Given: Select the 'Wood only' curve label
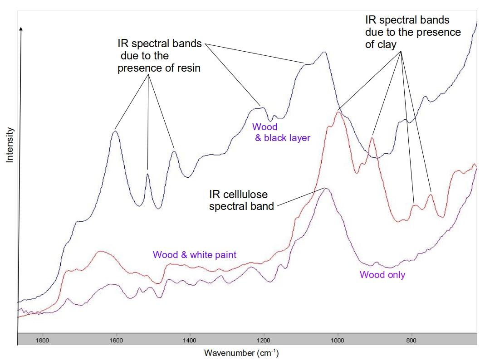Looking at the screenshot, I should tap(382, 275).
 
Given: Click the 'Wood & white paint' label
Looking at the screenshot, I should tap(195, 255).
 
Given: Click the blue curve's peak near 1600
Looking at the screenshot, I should tap(115, 131).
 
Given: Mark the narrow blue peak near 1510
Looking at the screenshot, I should tap(147, 173).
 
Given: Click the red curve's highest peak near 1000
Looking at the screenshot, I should tap(338, 112).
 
